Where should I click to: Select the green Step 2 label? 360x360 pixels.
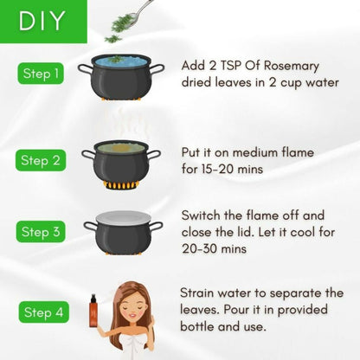[x=39, y=160]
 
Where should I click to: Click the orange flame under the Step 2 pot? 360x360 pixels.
[x=121, y=184]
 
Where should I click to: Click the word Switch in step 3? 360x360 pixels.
[x=202, y=215]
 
